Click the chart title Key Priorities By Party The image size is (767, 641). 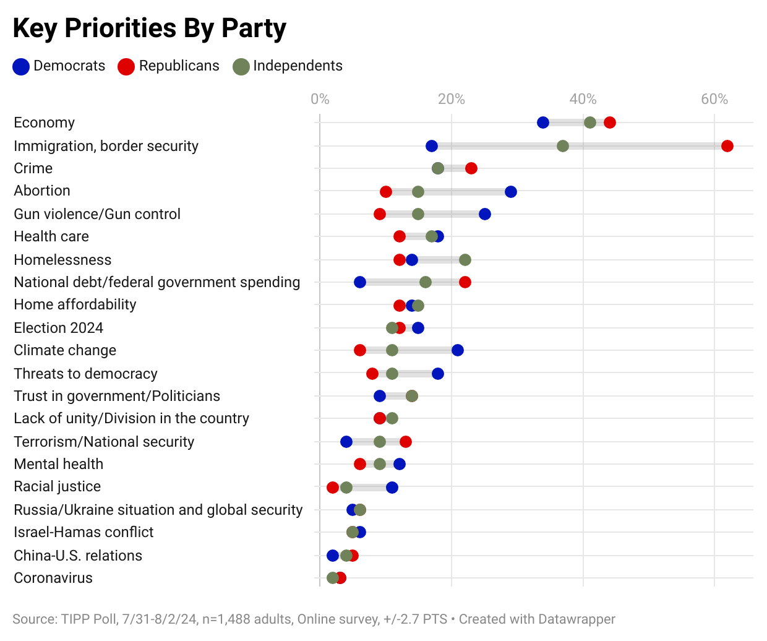pos(149,28)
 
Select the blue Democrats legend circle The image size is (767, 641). pos(21,66)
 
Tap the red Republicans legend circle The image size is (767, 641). pos(126,66)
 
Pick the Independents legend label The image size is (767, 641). pos(297,66)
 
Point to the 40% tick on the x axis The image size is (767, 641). pos(583,99)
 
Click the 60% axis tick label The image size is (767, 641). pos(714,99)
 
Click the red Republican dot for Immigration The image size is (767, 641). pos(727,146)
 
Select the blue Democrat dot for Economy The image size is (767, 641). pos(543,123)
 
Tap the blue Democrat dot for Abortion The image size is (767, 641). pos(511,192)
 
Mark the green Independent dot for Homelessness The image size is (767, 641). pos(465,260)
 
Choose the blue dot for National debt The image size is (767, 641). pos(360,282)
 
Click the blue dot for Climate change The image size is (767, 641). pos(458,350)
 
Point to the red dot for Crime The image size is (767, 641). pos(471,168)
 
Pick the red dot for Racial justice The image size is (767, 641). pos(333,488)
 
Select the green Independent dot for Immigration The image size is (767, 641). pos(563,146)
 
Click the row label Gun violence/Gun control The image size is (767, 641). pos(97,214)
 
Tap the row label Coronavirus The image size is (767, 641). pos(53,578)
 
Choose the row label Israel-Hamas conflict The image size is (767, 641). pos(84,532)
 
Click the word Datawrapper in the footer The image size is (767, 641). pos(576,619)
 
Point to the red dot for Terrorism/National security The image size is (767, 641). pos(406,442)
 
